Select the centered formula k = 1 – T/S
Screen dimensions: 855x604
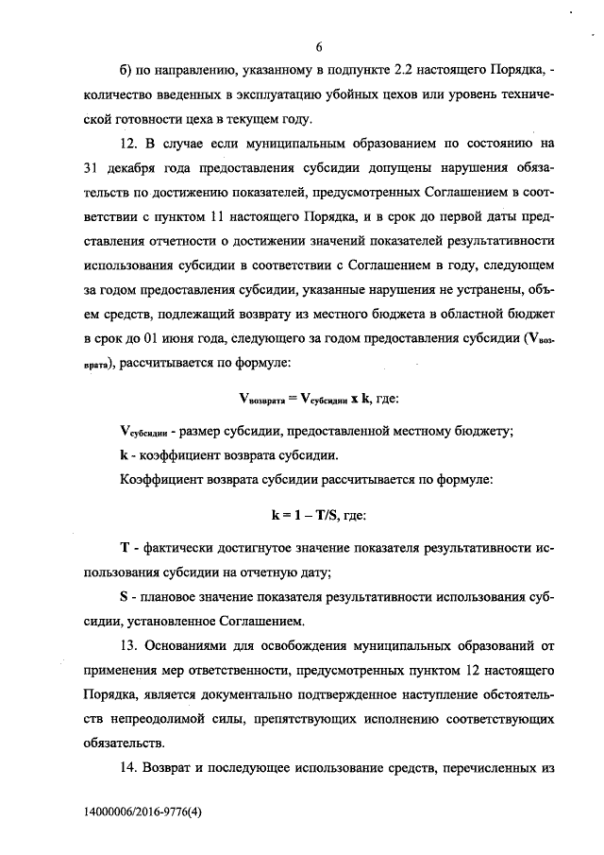tap(301, 517)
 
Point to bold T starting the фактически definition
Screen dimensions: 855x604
tap(126, 549)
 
